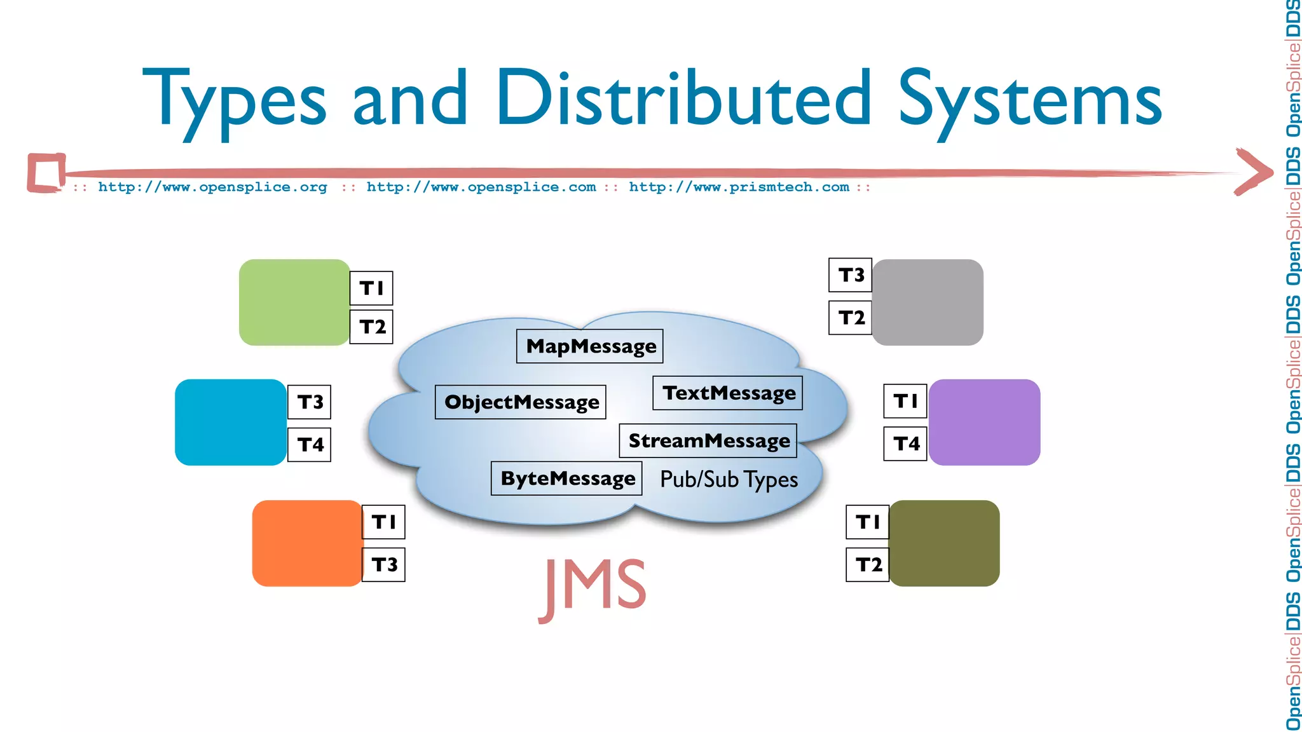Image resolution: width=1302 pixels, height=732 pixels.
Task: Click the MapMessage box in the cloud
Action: click(589, 346)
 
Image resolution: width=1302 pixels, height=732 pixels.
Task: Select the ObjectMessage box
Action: click(521, 402)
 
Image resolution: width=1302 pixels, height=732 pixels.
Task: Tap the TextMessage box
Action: click(728, 393)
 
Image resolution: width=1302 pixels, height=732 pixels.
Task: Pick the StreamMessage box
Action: click(708, 441)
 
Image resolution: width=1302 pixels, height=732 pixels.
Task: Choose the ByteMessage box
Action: click(566, 478)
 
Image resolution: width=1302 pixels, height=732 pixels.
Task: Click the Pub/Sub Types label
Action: click(729, 480)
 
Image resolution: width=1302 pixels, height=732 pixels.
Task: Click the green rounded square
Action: click(294, 302)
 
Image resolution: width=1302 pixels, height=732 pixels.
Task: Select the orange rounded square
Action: click(307, 543)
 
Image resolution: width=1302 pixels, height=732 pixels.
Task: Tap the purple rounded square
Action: click(984, 423)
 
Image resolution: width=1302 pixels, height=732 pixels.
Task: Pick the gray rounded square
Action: click(928, 302)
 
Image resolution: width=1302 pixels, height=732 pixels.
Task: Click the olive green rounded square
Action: click(944, 543)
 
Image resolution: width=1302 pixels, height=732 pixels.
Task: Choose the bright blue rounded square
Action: click(231, 423)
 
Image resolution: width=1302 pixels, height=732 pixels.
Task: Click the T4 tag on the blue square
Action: click(310, 445)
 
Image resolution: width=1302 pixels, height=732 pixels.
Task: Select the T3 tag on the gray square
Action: click(851, 275)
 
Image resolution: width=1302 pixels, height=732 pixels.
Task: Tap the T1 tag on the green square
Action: click(372, 288)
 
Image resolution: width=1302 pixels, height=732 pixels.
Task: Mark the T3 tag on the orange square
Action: click(384, 565)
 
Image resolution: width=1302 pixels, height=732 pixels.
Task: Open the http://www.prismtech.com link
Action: click(739, 187)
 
